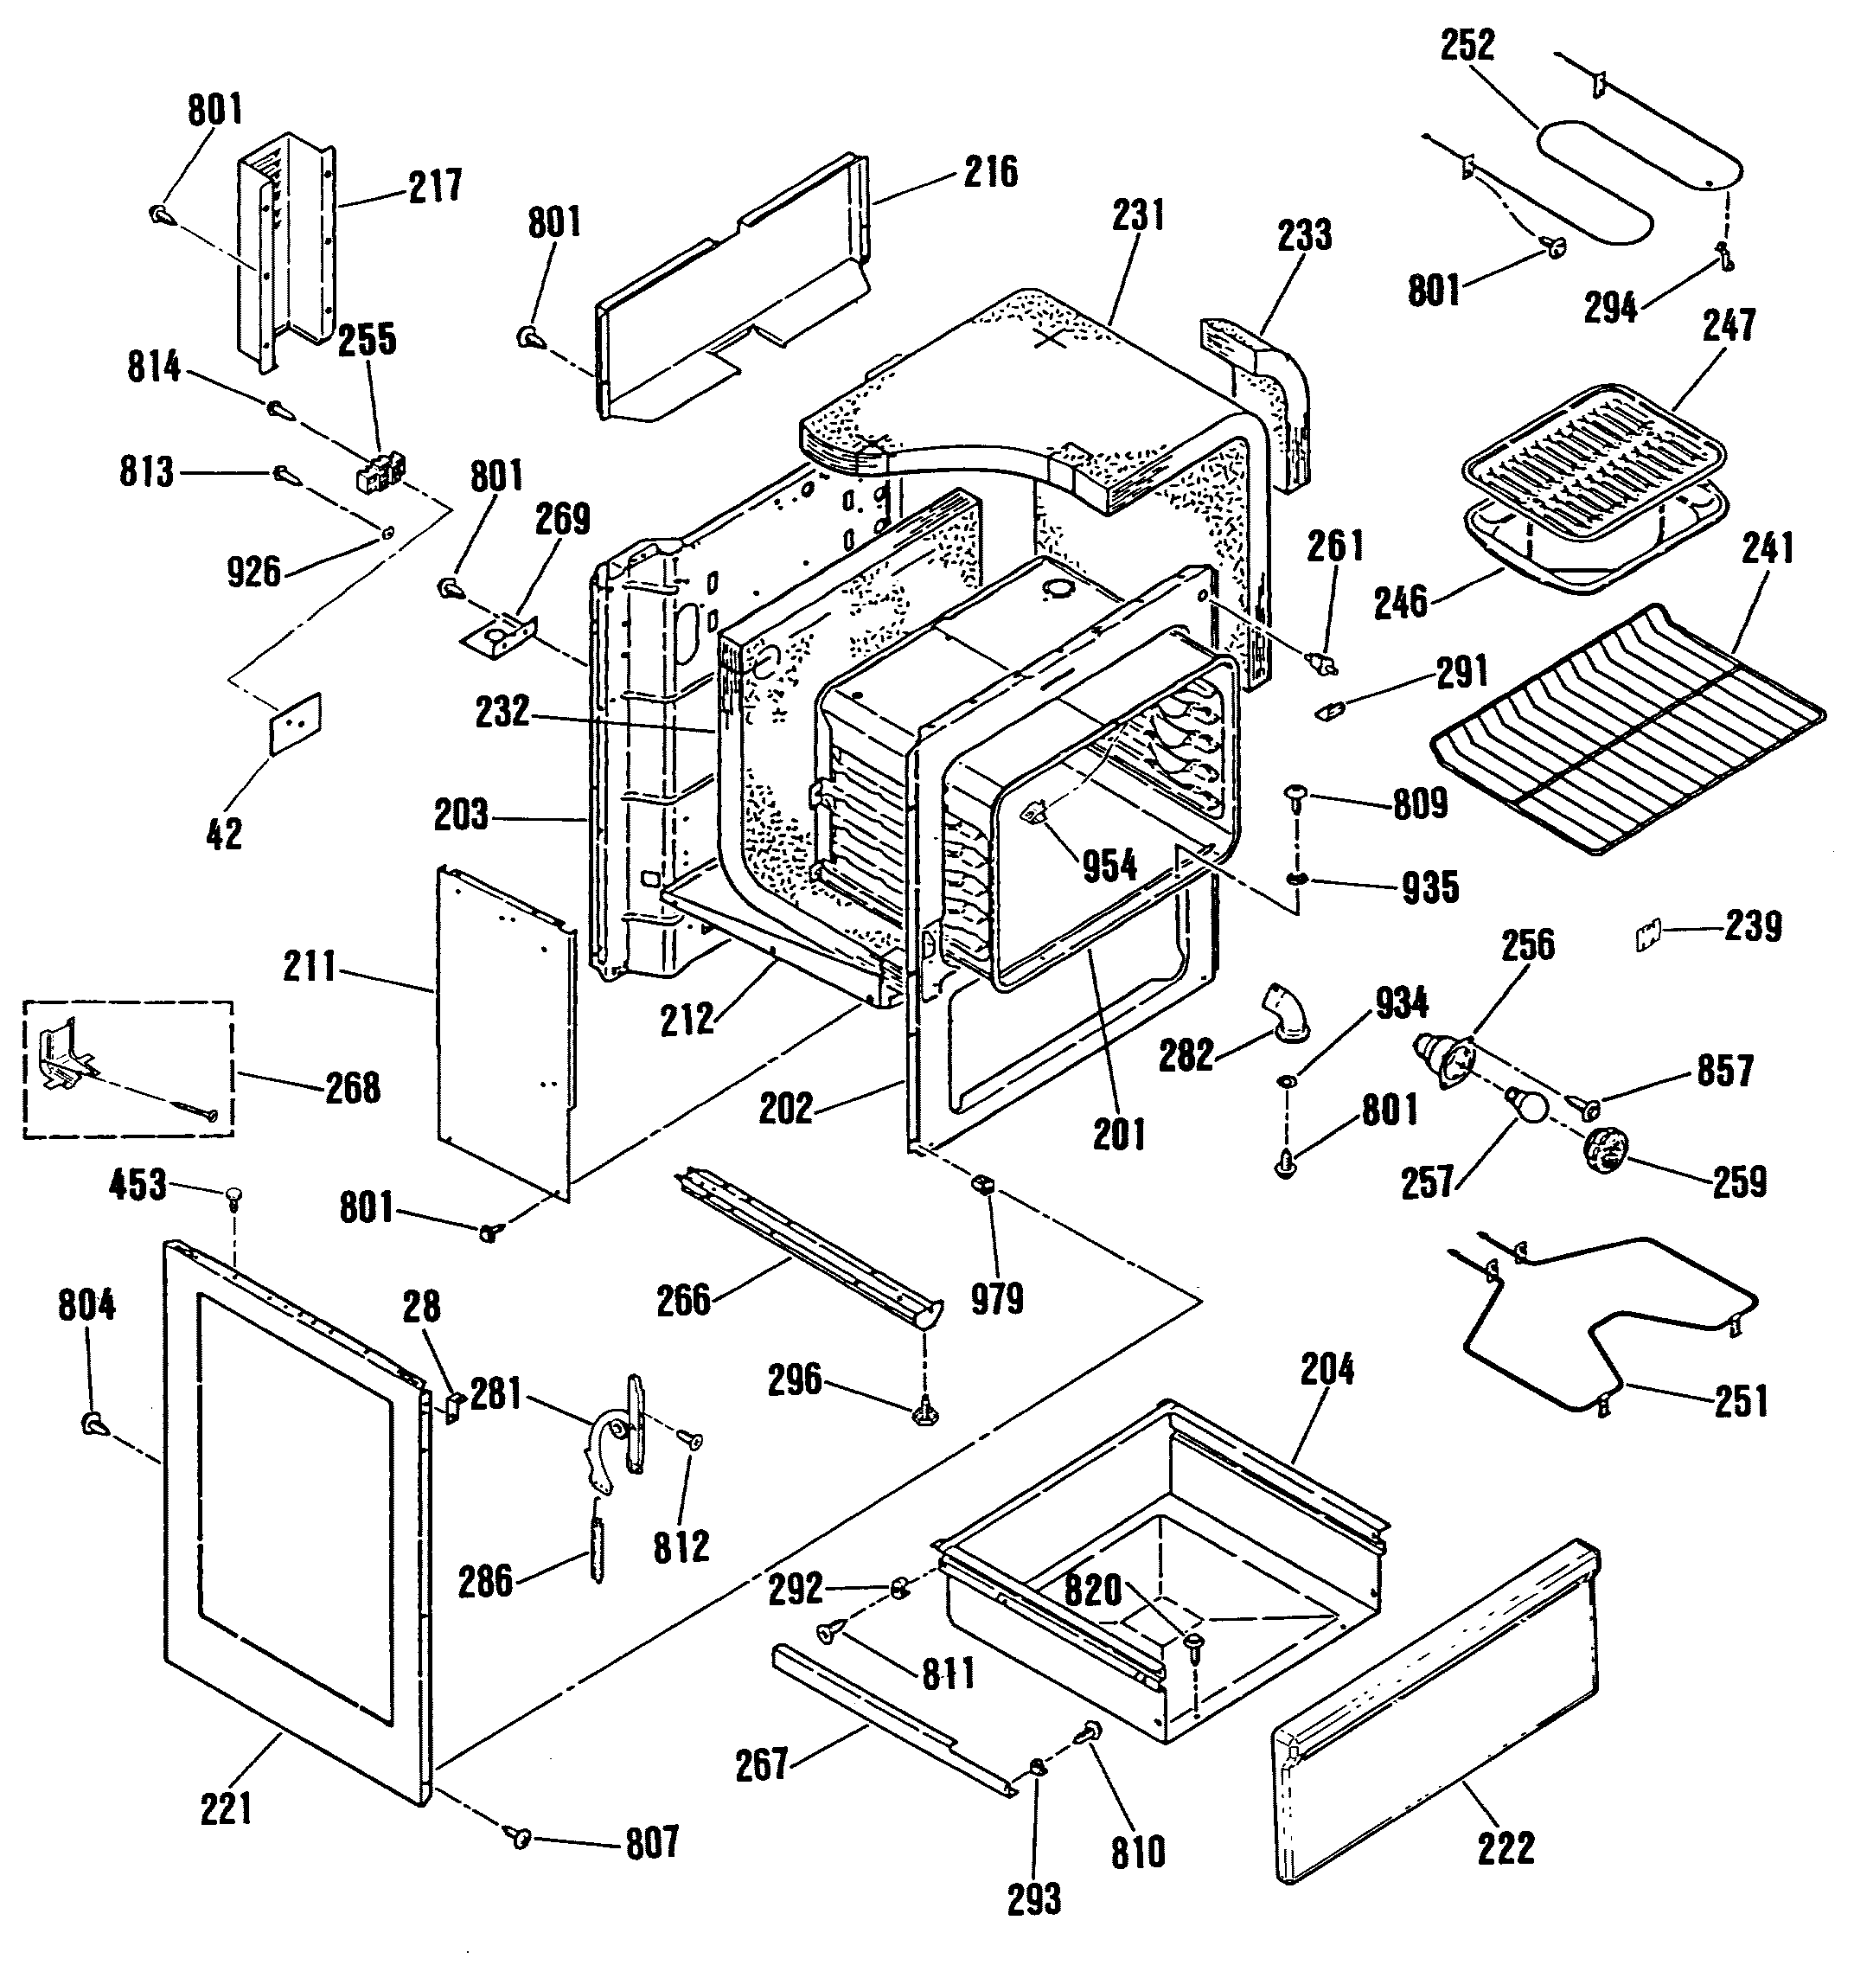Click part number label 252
pyautogui.click(x=1467, y=47)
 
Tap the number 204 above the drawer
pyautogui.click(x=1327, y=1371)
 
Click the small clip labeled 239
pyautogui.click(x=1646, y=935)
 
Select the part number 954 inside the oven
pyautogui.click(x=1109, y=866)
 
